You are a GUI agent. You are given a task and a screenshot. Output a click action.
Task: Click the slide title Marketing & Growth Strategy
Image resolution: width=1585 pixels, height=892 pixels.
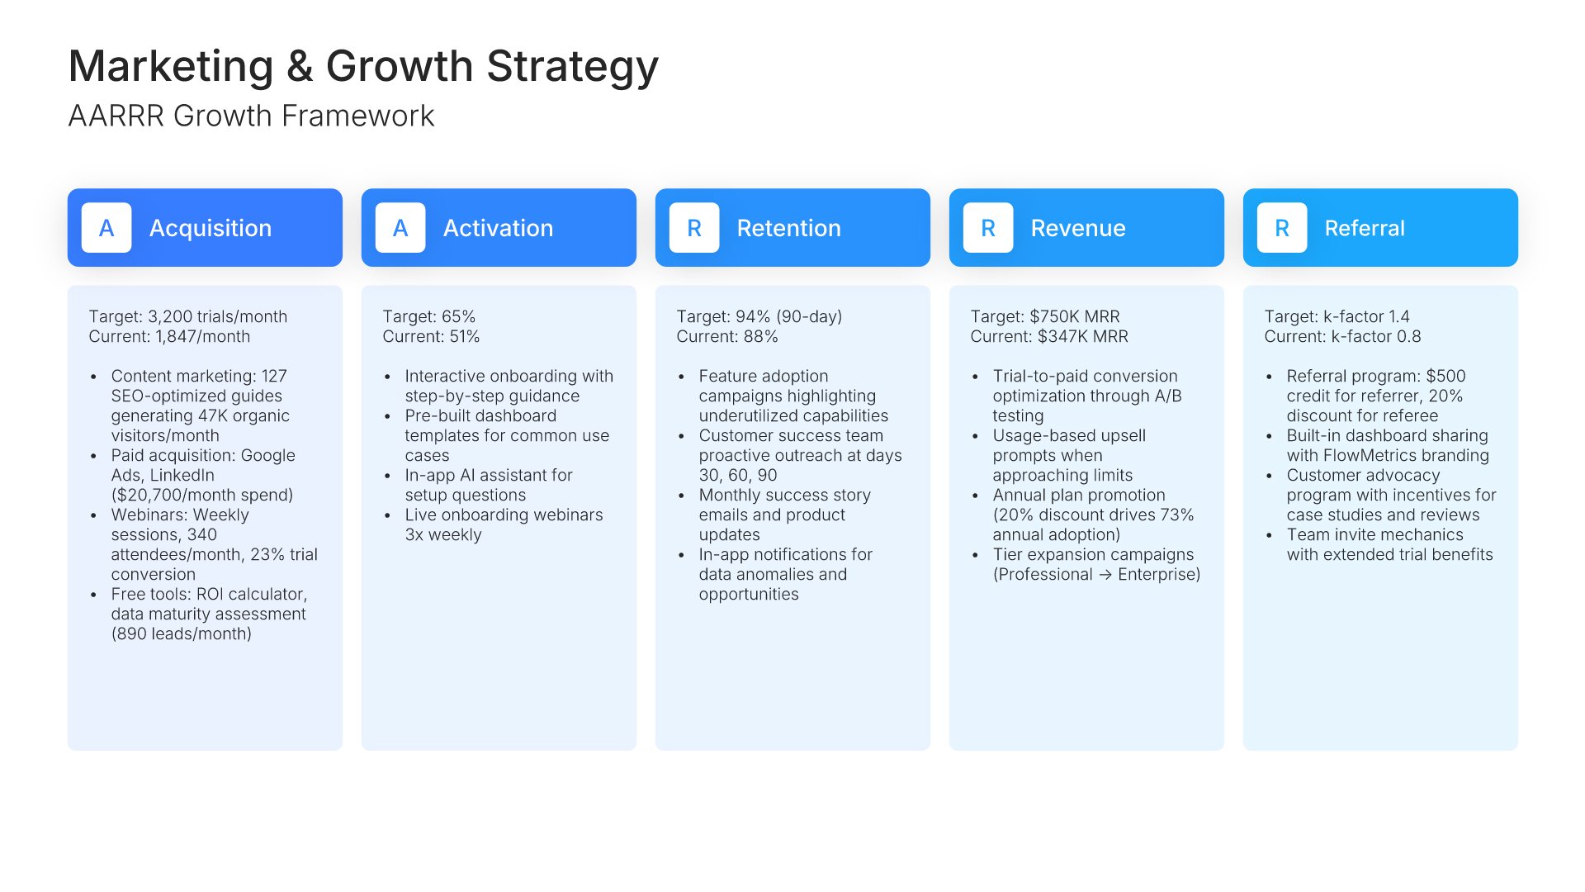tap(363, 66)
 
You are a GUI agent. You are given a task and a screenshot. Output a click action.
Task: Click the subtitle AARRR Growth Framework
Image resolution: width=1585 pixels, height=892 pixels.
tap(251, 116)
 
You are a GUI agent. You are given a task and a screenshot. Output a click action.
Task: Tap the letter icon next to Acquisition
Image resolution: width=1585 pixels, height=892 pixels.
tap(106, 228)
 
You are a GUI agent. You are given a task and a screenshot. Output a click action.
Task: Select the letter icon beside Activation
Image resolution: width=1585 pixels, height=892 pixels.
tap(400, 228)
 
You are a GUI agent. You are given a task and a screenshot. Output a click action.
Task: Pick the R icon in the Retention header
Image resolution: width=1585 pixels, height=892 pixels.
tap(694, 228)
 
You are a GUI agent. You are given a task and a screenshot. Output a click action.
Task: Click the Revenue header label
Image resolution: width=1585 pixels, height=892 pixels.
tap(1078, 228)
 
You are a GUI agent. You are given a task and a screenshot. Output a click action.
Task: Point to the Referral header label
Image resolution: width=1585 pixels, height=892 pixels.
tap(1365, 228)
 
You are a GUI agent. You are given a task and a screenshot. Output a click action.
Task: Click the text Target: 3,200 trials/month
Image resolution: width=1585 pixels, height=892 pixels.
tap(188, 316)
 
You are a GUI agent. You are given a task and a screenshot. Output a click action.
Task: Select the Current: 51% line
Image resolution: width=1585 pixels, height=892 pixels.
tap(431, 336)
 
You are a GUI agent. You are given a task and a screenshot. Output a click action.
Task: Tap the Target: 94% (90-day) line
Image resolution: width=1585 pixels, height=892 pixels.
tap(759, 316)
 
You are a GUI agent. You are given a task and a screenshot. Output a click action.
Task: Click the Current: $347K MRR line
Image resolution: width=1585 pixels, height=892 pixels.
tap(1049, 336)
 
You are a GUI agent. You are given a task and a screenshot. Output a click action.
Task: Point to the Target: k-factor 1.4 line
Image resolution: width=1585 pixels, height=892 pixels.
tap(1337, 316)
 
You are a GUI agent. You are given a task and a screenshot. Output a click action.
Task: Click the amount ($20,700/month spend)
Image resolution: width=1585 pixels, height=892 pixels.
tap(202, 495)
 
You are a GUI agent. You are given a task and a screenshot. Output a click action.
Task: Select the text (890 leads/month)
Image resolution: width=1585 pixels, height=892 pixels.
tap(182, 633)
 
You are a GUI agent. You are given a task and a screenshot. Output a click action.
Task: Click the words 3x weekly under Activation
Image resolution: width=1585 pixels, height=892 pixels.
tap(443, 534)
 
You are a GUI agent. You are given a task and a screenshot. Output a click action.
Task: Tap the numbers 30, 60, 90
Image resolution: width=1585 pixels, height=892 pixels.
tap(738, 475)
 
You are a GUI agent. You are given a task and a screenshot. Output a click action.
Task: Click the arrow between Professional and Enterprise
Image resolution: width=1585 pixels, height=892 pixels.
tap(1105, 575)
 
